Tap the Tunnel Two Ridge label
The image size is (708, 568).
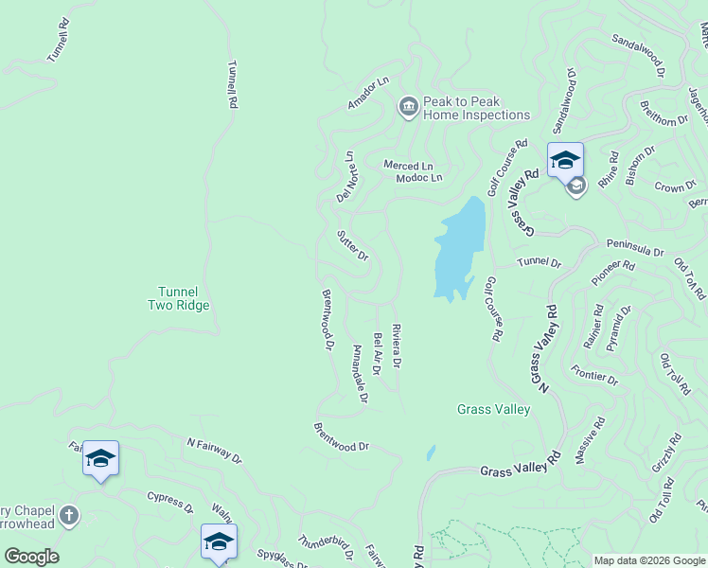pos(178,298)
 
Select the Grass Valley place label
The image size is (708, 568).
pos(493,409)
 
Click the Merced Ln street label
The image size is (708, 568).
pos(407,165)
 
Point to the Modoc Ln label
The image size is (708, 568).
pos(418,177)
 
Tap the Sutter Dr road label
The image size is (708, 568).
pos(352,244)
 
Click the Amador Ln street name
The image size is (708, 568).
pos(368,94)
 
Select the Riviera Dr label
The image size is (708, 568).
pos(396,346)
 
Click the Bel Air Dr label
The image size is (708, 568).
pos(376,353)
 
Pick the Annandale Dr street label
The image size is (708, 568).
pos(359,374)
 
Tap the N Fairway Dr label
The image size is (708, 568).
pos(214,451)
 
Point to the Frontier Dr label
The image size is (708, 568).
pos(594,374)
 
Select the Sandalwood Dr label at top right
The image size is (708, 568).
pos(639,55)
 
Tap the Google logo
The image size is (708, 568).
pos(31,557)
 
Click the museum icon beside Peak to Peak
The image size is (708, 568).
pos(409,107)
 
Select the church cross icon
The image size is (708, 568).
pos(67,516)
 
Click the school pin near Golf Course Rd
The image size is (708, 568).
pos(565,159)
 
